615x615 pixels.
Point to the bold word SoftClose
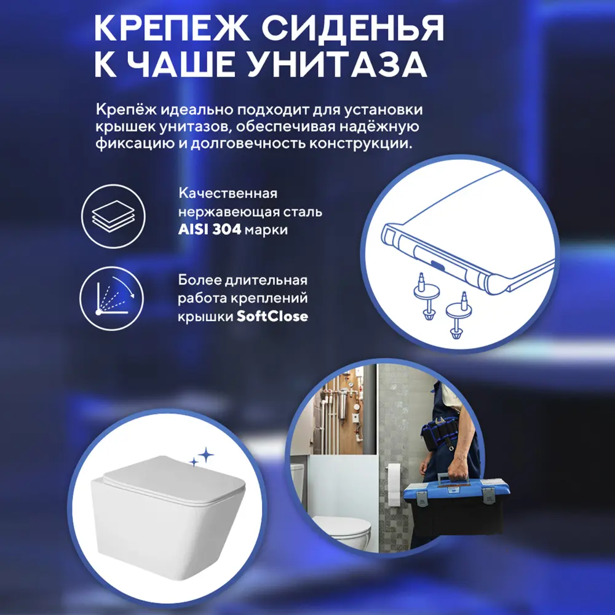(273, 317)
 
